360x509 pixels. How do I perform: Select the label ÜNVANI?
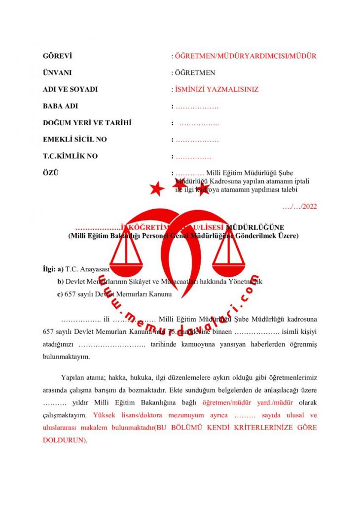57,73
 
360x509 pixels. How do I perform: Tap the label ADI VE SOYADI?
70,89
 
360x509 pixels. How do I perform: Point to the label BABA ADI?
60,106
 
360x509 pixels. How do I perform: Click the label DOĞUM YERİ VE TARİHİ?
87,123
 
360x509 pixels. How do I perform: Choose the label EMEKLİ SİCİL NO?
74,140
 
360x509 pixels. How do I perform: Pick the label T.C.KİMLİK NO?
70,156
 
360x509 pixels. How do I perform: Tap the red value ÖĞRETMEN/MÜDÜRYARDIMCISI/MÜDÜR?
246,56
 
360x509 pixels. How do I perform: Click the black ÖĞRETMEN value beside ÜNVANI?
195,73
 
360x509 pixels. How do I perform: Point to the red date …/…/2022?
300,207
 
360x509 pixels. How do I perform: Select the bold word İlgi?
49,269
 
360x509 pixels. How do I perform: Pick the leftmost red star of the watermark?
157,188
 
